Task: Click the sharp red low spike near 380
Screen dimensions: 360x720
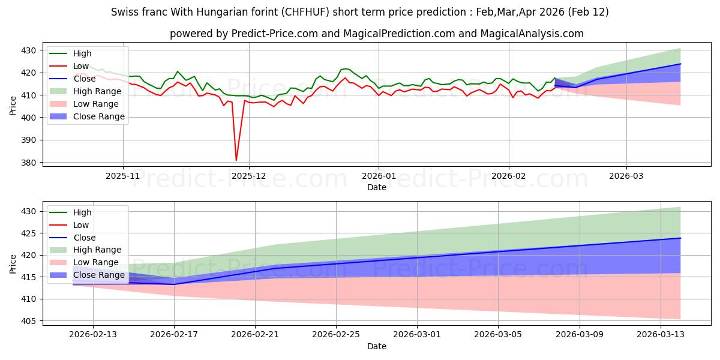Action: click(236, 160)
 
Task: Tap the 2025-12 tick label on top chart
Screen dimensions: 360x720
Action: click(249, 176)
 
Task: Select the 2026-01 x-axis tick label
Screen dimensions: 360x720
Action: click(379, 176)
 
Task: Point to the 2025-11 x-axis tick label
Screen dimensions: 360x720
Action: click(123, 176)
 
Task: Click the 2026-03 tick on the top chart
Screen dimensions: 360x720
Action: click(626, 176)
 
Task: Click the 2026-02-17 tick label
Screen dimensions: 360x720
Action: click(174, 335)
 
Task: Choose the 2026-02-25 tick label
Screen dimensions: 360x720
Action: click(336, 335)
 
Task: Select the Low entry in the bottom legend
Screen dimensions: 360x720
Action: click(80, 225)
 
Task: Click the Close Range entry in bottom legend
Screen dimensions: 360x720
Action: click(98, 275)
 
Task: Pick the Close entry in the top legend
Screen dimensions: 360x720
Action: click(84, 79)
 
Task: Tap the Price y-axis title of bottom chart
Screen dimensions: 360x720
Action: click(13, 264)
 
